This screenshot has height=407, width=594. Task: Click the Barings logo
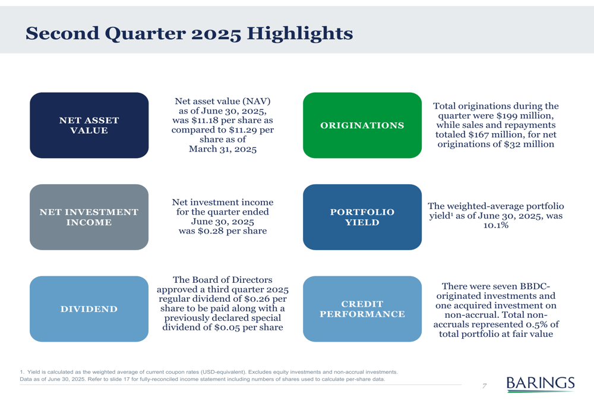(x=541, y=383)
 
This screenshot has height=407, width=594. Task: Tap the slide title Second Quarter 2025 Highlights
(x=189, y=33)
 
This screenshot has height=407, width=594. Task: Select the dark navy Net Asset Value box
(x=89, y=125)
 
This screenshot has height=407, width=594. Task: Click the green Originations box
(x=362, y=125)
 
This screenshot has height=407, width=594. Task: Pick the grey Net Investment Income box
(x=89, y=217)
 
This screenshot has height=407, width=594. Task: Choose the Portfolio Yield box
(x=362, y=217)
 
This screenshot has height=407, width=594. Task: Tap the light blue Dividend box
(x=89, y=309)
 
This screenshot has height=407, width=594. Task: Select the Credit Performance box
(x=362, y=309)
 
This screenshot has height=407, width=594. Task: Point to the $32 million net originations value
(x=529, y=144)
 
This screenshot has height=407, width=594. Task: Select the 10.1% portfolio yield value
(x=496, y=225)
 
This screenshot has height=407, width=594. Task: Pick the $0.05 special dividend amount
(x=227, y=328)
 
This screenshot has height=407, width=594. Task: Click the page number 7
(x=484, y=386)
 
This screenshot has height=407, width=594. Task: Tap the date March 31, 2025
(x=223, y=149)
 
